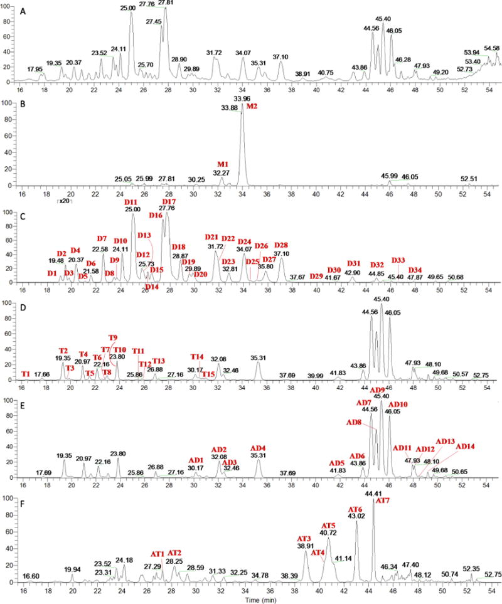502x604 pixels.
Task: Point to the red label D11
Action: (x=132, y=202)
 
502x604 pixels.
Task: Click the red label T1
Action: (x=26, y=374)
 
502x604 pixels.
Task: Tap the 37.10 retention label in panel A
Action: (x=280, y=57)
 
